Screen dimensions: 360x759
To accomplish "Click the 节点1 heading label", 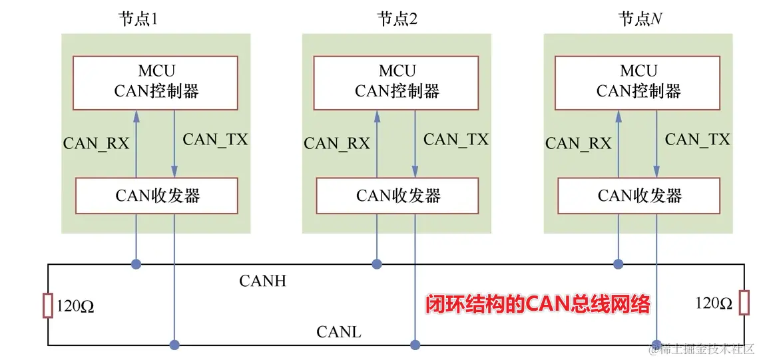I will [x=137, y=19].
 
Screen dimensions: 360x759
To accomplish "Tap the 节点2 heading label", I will [x=397, y=19].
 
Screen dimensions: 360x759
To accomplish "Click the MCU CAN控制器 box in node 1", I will [x=155, y=81].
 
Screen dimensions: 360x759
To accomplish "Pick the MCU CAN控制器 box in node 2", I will [x=397, y=81].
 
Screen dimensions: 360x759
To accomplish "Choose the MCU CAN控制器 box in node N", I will [x=638, y=81].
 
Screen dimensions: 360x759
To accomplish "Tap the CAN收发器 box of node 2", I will [x=397, y=195].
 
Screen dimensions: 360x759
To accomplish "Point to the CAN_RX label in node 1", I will [x=96, y=143].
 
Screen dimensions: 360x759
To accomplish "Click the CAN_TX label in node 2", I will [x=456, y=140].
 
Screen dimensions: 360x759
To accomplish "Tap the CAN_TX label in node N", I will [x=697, y=140].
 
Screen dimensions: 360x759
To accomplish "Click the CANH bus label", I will [x=262, y=281].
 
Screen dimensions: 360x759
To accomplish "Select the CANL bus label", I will [x=338, y=331].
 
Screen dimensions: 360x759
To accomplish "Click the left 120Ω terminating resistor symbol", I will [x=48, y=305].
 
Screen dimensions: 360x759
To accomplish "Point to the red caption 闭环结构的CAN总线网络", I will [x=537, y=305].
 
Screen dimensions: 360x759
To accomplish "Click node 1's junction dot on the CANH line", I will [x=136, y=264].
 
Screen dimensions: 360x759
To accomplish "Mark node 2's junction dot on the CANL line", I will [x=415, y=345].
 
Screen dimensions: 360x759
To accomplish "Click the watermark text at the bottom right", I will [x=704, y=349].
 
